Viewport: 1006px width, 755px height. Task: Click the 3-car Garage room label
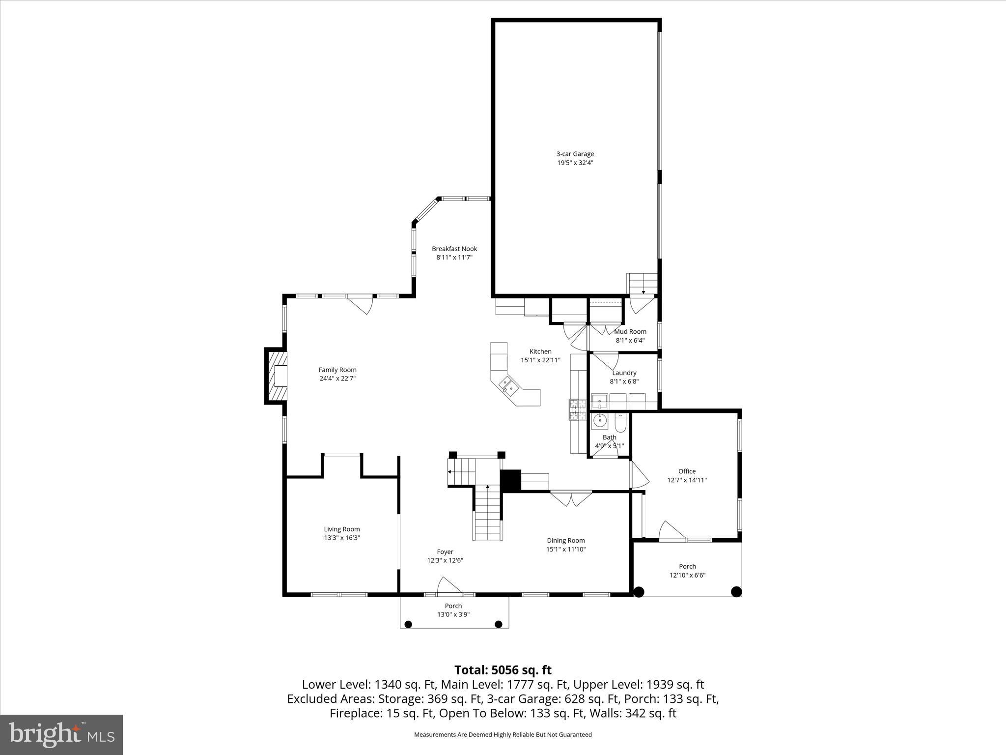tap(575, 154)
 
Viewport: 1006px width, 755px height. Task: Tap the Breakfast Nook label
tap(454, 249)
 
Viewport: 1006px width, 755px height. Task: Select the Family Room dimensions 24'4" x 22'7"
tap(337, 378)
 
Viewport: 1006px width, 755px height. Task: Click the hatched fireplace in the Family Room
tap(276, 376)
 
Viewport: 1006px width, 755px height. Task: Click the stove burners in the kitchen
tap(578, 409)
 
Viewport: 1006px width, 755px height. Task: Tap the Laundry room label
tap(624, 373)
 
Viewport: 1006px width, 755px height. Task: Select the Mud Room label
tap(630, 331)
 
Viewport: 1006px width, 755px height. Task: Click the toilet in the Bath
tap(621, 423)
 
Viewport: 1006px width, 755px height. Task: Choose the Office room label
tap(687, 471)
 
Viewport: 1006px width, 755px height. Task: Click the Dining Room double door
tap(571, 498)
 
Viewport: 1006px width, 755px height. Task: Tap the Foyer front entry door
tap(449, 586)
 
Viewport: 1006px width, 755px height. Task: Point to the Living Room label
tap(341, 529)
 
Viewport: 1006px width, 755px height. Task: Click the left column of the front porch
tap(408, 624)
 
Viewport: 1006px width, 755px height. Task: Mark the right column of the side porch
tap(736, 592)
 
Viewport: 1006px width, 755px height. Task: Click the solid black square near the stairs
tap(510, 480)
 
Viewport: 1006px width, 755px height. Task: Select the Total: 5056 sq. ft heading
tap(503, 670)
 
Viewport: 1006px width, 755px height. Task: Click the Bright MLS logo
tap(61, 734)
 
